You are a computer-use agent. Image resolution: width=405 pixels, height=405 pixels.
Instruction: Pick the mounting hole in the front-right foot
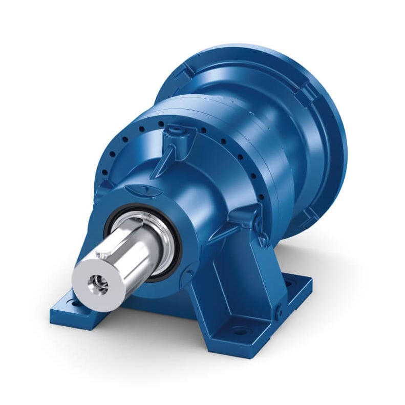point(240,332)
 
